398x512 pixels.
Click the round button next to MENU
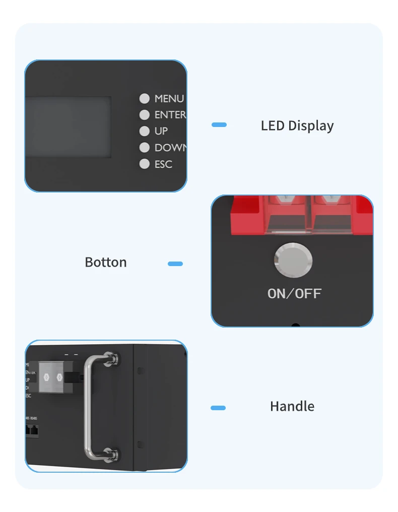coord(145,98)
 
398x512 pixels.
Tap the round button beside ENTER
coord(145,115)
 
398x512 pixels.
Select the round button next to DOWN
coord(145,148)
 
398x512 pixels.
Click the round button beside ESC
coord(145,164)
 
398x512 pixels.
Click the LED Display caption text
coord(297,125)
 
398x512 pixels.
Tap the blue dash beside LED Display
coord(219,124)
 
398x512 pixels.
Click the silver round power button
coord(293,261)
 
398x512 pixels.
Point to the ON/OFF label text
coord(294,293)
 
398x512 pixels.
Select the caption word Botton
coord(106,262)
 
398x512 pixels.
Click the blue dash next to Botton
coord(175,264)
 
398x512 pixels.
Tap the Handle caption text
coord(292,406)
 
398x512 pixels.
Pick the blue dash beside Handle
coord(218,408)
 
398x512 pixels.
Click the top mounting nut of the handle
coord(111,358)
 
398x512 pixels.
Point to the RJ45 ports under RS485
coord(32,430)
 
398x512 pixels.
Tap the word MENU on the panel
coord(169,99)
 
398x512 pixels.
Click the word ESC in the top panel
coord(163,164)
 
